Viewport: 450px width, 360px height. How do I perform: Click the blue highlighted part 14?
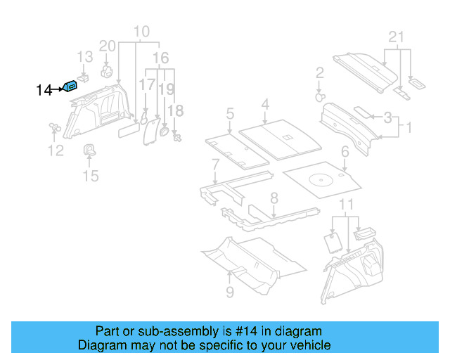click(x=71, y=86)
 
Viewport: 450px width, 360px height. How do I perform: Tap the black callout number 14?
click(x=44, y=90)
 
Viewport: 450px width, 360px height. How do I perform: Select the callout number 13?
click(x=84, y=57)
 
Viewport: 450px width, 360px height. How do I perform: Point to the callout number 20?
click(x=107, y=46)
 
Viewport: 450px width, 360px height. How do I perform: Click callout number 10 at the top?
click(x=141, y=32)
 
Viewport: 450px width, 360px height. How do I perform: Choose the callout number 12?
click(x=55, y=150)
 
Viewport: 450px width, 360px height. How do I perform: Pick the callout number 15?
click(x=91, y=175)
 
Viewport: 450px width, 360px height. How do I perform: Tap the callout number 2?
click(x=319, y=72)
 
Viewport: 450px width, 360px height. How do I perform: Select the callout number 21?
click(x=397, y=37)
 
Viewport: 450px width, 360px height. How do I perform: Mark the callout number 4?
click(x=264, y=105)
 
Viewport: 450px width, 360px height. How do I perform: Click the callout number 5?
click(x=229, y=112)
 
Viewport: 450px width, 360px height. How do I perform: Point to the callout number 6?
click(x=345, y=151)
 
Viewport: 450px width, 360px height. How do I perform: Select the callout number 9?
click(x=230, y=291)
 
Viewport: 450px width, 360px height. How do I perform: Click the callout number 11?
click(x=345, y=204)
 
